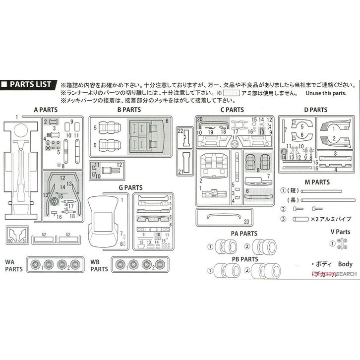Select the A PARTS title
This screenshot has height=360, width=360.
tap(46, 110)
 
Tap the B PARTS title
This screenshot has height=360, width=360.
tap(129, 110)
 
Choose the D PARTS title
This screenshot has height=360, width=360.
tap(315, 110)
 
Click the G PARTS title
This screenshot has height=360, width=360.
tap(130, 188)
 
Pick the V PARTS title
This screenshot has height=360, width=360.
tap(340, 231)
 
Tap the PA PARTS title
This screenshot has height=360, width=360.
tap(243, 233)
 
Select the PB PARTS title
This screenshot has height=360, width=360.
tap(243, 259)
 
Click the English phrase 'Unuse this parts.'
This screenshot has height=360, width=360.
tap(323, 93)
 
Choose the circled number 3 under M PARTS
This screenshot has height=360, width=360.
tap(284, 218)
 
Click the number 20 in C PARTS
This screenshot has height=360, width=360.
tap(200, 120)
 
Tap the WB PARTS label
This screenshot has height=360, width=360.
tap(99, 265)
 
